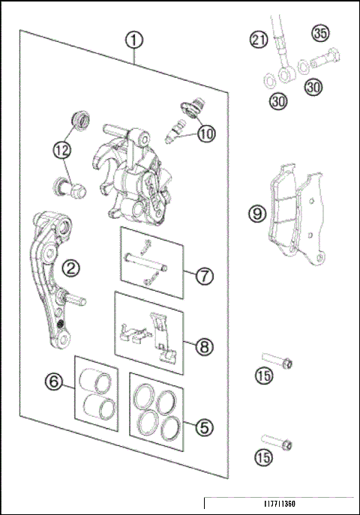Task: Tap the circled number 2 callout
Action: click(x=72, y=267)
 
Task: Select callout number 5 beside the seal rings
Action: click(x=202, y=427)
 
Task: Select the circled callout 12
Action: click(x=63, y=150)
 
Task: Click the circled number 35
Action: click(x=320, y=34)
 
